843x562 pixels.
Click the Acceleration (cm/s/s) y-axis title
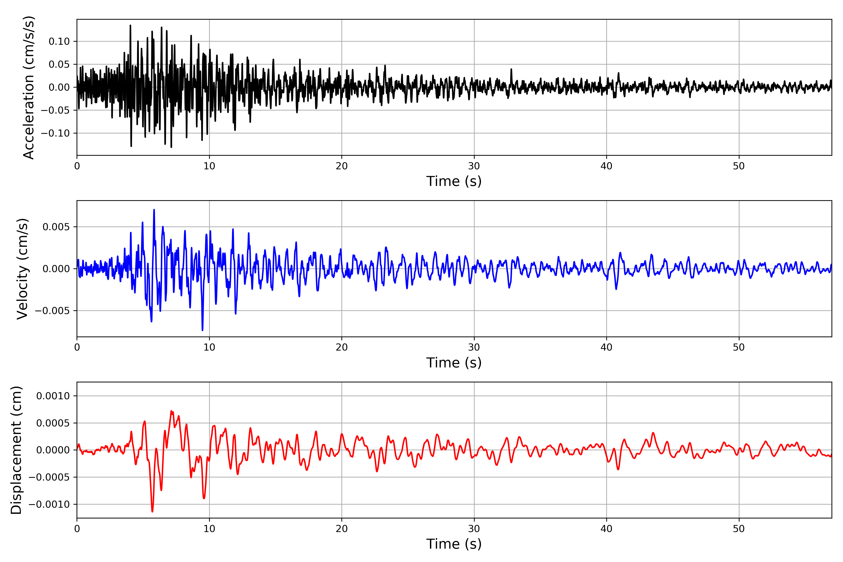click(29, 87)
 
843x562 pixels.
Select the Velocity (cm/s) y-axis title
click(22, 269)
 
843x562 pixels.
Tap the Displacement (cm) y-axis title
click(16, 450)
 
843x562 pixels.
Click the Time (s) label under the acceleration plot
click(454, 181)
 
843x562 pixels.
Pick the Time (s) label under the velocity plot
click(454, 363)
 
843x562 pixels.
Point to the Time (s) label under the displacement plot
click(454, 544)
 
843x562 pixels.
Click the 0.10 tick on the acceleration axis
click(59, 42)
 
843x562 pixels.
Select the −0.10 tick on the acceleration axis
click(55, 133)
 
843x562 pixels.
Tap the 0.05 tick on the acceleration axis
click(59, 65)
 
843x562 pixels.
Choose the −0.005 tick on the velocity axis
click(52, 311)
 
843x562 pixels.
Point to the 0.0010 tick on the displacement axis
click(53, 396)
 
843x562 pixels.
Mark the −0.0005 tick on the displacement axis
click(49, 477)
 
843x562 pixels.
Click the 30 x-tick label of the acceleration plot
click(474, 166)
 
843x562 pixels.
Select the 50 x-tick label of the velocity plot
click(739, 347)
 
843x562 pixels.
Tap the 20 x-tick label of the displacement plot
click(342, 529)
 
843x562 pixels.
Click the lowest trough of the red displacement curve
click(152, 511)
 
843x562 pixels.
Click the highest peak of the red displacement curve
click(171, 411)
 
